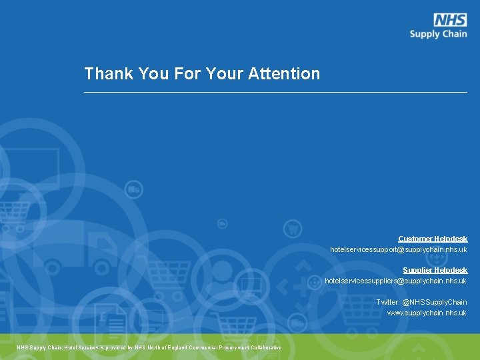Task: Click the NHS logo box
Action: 450,20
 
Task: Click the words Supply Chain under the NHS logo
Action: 438,34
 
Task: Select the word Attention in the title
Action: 284,73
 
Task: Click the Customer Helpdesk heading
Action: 433,239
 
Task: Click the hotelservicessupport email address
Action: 398,249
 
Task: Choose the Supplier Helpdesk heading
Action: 435,270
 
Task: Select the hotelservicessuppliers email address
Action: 395,281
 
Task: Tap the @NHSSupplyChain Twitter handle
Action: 434,302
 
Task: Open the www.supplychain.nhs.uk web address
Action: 427,313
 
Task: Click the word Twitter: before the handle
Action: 387,302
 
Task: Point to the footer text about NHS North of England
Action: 149,347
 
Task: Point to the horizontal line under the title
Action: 275,92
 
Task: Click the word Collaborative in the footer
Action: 266,347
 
